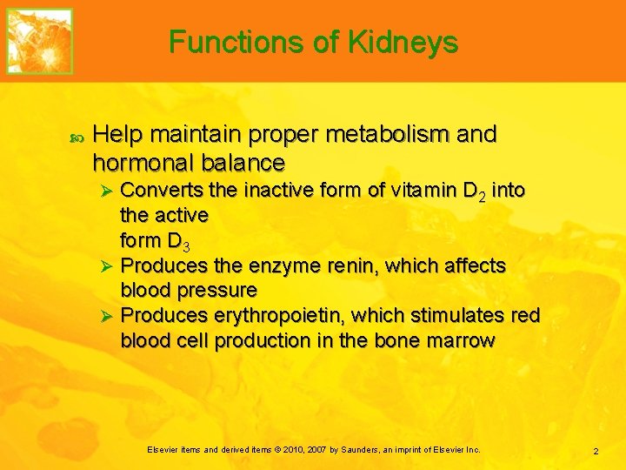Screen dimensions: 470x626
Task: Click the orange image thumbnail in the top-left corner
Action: click(39, 41)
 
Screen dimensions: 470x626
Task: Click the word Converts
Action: click(161, 190)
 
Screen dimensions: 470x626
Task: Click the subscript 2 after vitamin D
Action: click(480, 196)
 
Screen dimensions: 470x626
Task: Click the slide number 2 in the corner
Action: click(596, 451)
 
